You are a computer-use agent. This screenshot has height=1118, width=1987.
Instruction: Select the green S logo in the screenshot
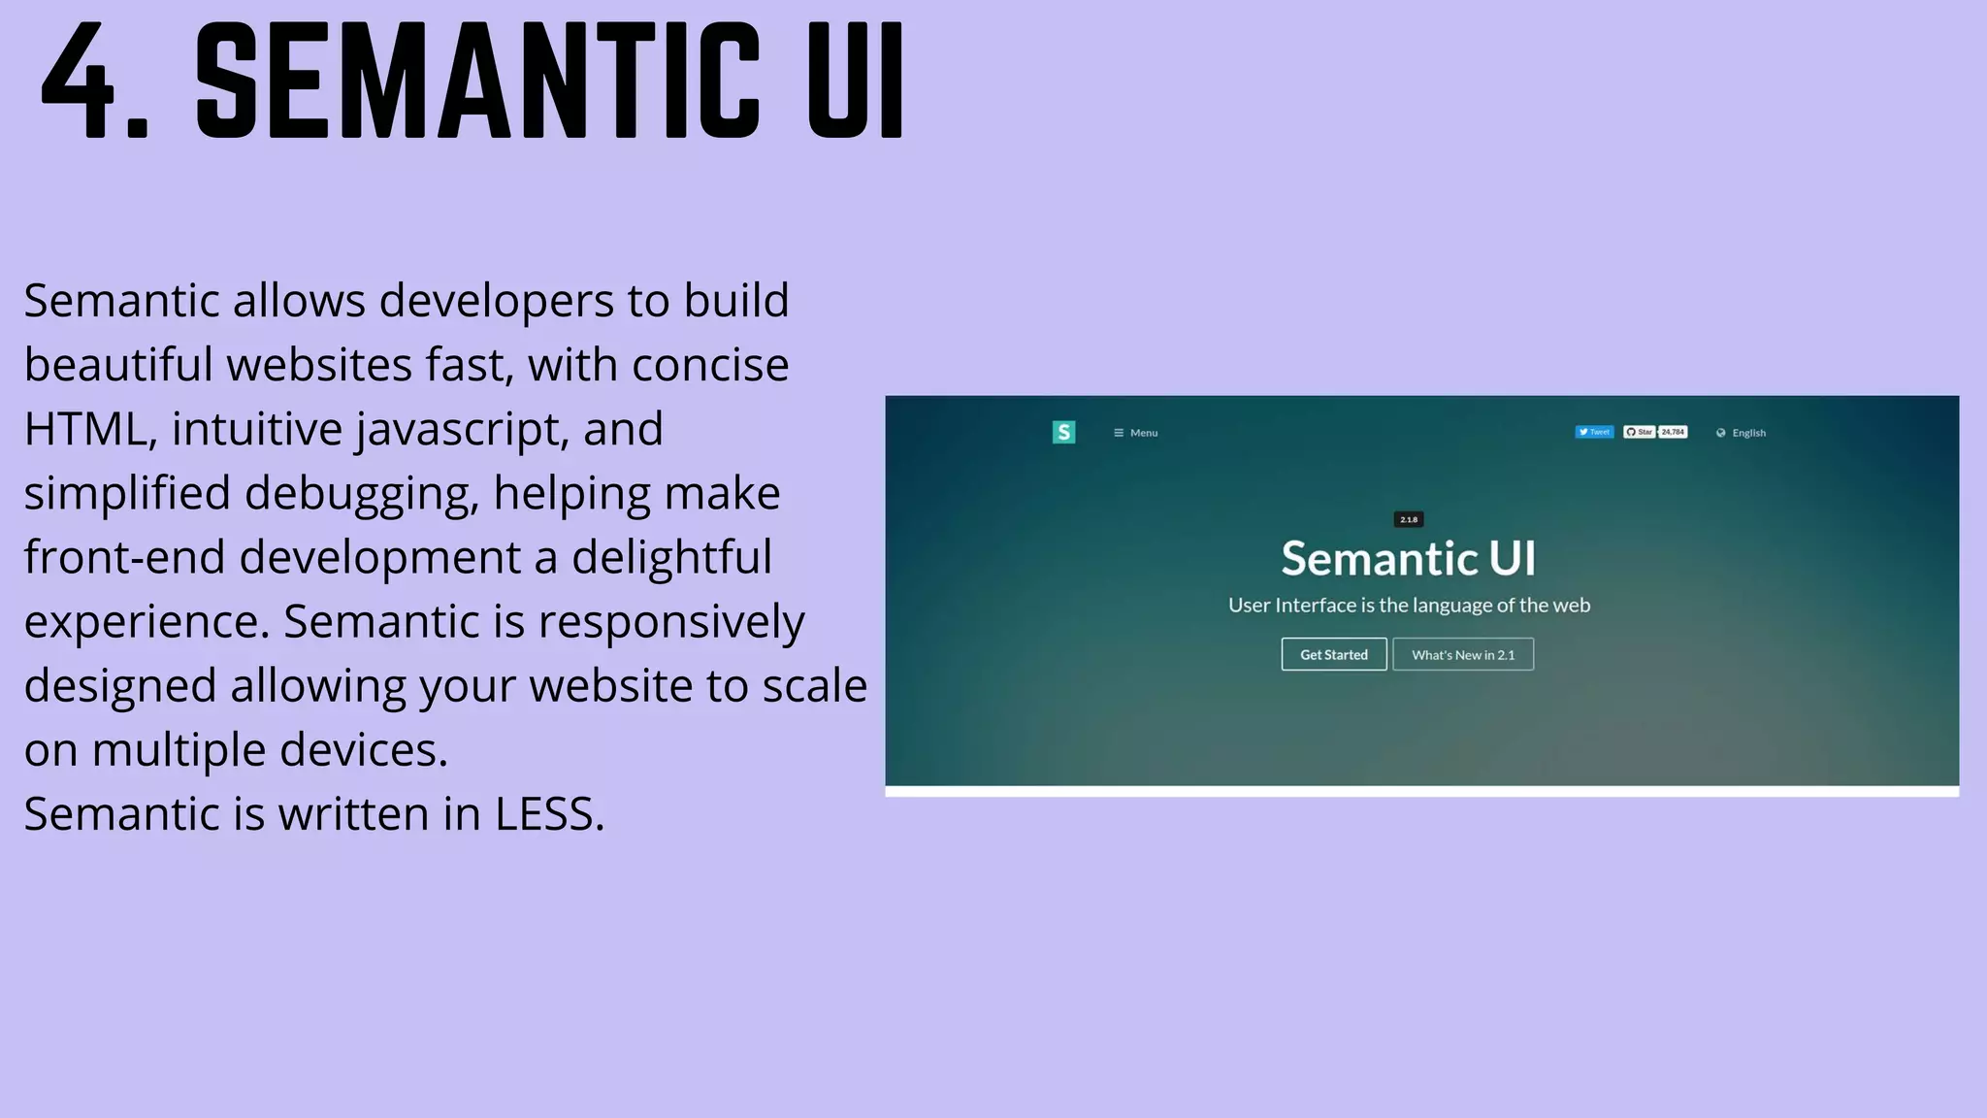1063,432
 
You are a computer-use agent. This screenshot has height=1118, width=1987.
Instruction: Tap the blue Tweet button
1594,432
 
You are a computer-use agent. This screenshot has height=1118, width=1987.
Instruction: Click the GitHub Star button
1640,432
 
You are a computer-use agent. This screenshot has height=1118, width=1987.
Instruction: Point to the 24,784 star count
1673,432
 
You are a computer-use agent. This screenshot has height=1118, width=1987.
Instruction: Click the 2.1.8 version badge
1409,519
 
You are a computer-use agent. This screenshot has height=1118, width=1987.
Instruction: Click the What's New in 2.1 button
1463,654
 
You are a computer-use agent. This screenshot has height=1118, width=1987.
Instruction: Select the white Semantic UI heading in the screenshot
1409,558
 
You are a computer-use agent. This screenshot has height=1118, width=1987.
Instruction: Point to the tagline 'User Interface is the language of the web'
1409,605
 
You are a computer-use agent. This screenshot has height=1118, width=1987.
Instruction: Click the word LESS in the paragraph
549,813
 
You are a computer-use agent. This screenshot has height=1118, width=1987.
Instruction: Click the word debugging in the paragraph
362,493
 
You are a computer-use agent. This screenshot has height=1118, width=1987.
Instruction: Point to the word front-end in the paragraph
124,557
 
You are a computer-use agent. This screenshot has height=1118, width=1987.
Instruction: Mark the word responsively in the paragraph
671,621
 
